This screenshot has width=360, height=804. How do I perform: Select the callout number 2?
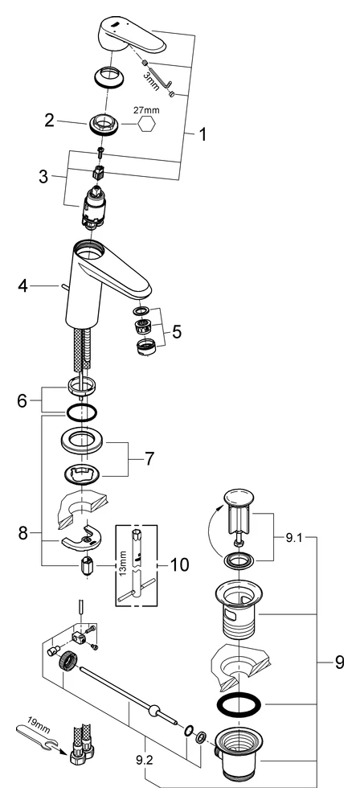(49, 121)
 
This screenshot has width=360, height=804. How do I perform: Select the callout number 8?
(24, 532)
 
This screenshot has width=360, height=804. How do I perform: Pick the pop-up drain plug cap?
(239, 496)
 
